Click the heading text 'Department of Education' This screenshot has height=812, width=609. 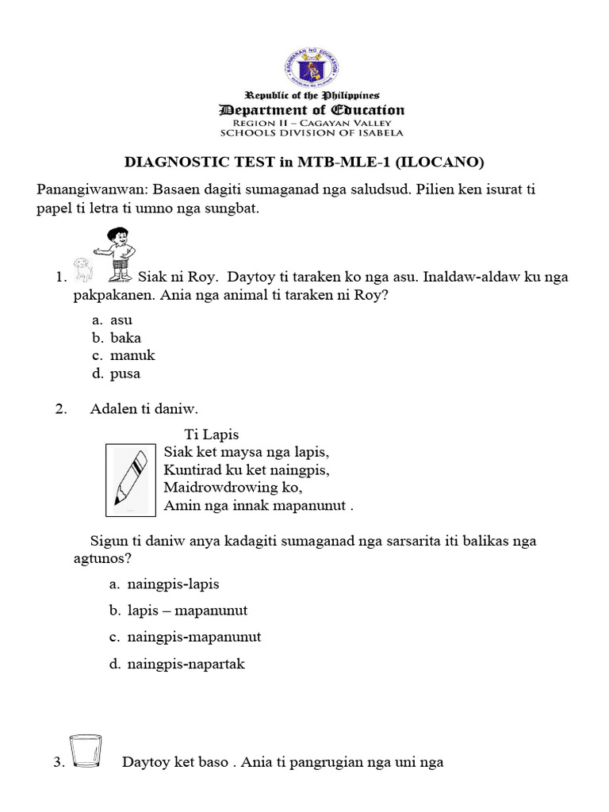point(312,110)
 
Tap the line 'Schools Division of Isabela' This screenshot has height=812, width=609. point(312,132)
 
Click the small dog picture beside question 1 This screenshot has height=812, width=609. point(84,270)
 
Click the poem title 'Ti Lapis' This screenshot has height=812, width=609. point(211,435)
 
